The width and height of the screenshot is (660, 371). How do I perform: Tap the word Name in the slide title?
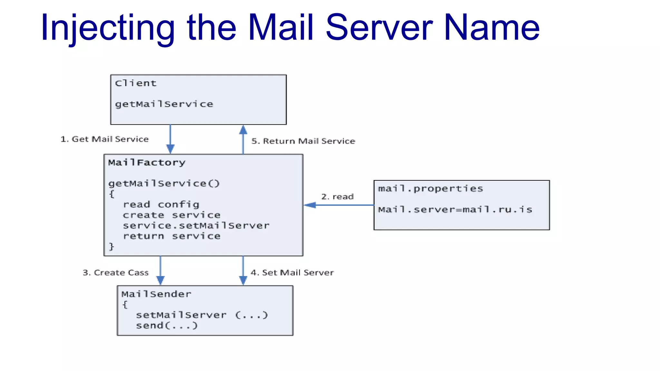491,28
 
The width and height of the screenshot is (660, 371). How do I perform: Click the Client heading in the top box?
136,83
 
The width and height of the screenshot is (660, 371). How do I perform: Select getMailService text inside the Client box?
164,104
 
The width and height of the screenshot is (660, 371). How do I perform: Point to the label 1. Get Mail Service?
104,139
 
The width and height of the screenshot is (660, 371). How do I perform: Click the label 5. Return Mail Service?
303,141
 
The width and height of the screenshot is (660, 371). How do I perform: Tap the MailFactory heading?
147,163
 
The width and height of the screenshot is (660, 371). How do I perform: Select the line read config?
161,205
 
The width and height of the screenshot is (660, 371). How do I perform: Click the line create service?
171,215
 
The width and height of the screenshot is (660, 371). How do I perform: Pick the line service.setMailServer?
196,225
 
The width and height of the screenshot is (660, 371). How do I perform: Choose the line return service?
171,236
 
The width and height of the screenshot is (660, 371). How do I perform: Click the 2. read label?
337,196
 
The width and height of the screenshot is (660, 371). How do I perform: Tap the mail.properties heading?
430,188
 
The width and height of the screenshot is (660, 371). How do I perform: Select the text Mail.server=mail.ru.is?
455,210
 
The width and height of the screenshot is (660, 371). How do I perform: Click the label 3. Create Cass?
115,273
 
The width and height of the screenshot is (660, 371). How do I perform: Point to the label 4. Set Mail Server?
292,273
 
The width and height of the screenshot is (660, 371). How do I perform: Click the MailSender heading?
156,294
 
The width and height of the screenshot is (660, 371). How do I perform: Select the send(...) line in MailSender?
167,326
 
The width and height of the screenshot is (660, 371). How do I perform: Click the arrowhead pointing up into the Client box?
243,130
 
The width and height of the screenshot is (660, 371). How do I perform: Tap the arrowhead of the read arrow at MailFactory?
310,205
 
